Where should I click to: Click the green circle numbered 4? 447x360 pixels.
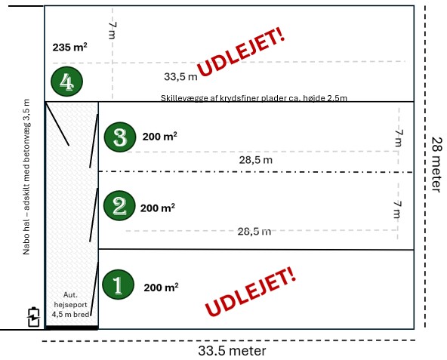[66, 82]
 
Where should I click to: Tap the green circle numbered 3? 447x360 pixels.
[120, 137]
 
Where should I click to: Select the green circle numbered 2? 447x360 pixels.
[119, 205]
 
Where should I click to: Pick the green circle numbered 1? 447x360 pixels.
[118, 285]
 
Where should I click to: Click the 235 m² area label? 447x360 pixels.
[69, 47]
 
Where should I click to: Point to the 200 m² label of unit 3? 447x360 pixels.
[159, 137]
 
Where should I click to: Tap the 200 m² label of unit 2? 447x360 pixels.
[158, 208]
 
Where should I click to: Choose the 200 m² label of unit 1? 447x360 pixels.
[161, 288]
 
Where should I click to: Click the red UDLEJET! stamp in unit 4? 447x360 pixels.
[241, 51]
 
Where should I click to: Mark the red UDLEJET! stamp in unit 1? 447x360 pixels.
[250, 291]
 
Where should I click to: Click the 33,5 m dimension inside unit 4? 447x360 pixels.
[180, 77]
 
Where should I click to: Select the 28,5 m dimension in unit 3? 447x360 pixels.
[256, 160]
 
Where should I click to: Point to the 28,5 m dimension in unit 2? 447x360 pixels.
[254, 231]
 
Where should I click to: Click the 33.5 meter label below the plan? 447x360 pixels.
[232, 351]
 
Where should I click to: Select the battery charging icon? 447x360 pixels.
[34, 317]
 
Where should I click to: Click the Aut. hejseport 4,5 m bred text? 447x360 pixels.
[71, 305]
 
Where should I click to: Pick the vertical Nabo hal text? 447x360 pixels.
[26, 177]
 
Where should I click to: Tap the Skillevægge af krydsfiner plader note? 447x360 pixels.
[254, 98]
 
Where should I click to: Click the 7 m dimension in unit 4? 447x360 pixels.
[113, 30]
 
